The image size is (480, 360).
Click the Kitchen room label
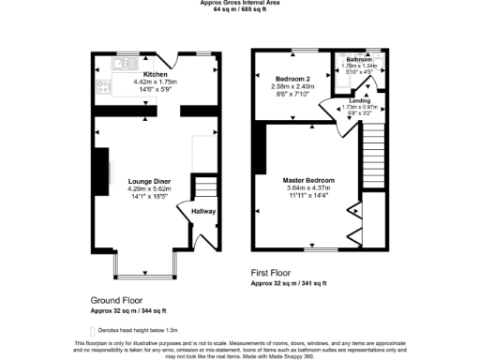[x=156, y=74]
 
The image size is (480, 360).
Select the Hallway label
[x=203, y=212]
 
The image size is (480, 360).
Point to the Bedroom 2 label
[x=292, y=79]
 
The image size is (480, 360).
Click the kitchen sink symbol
[x=120, y=64]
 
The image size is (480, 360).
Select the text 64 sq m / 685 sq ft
[x=239, y=9]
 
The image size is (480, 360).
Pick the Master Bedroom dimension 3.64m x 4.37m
[x=308, y=187]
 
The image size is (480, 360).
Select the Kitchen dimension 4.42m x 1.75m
[x=156, y=82]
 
